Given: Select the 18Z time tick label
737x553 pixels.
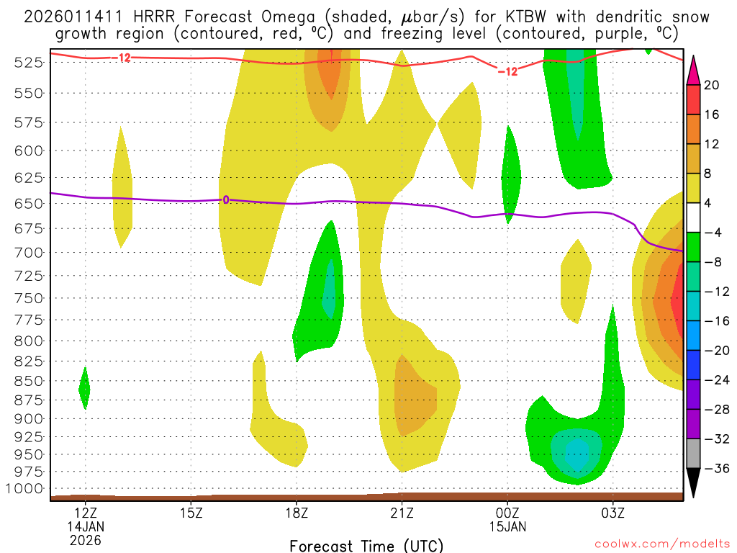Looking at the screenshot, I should point(297,513).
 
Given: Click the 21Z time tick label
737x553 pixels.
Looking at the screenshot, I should point(402,513).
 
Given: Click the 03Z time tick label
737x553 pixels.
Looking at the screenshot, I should point(612,513).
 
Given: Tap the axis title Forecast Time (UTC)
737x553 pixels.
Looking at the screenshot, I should point(366,545).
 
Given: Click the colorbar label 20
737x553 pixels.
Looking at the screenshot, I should point(712,85).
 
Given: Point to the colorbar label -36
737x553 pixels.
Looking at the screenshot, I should point(712,469).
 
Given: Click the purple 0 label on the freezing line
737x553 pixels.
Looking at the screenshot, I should point(225,199).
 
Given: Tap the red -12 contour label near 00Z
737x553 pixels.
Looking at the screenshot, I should point(507,71).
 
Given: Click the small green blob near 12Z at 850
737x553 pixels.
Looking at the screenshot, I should point(84,389).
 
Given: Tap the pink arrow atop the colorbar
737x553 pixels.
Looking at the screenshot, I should point(694,66).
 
